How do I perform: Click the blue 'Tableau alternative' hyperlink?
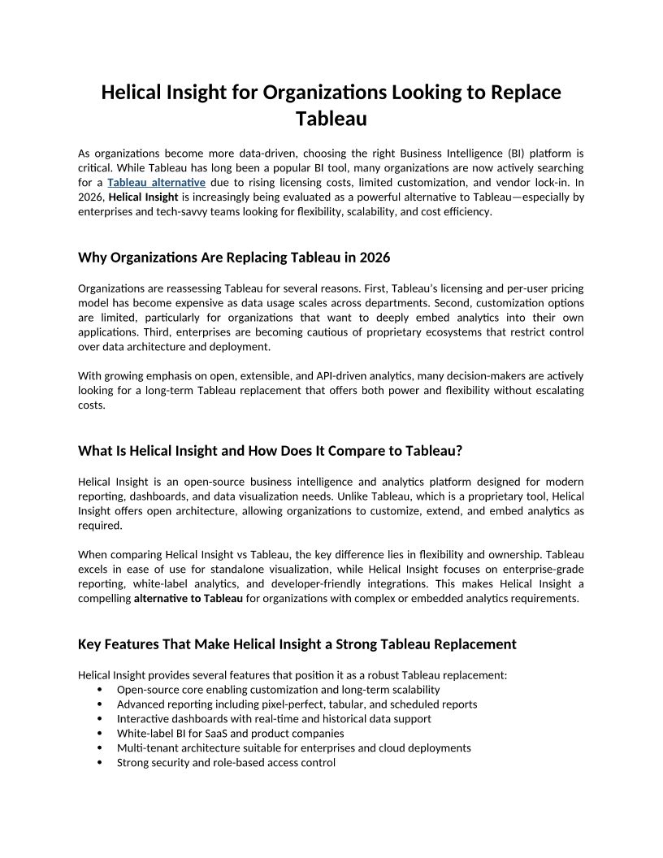click(x=156, y=182)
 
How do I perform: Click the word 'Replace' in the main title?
click(x=526, y=92)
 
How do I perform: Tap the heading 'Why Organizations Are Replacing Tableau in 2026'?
click(x=234, y=258)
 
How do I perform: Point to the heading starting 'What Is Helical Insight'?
click(x=270, y=451)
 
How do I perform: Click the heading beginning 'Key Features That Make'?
click(x=297, y=644)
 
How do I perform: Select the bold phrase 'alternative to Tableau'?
click(x=188, y=599)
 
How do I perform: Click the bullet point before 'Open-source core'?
click(x=99, y=690)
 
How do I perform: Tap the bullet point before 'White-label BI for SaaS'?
click(x=99, y=734)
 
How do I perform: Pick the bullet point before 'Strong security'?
click(x=99, y=763)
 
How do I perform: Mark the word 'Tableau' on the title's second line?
click(x=331, y=119)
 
